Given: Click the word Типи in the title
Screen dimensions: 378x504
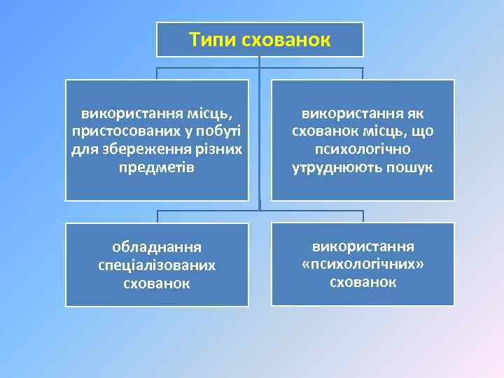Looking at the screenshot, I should tap(213, 40).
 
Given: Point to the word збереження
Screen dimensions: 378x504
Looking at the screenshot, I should tap(140, 149).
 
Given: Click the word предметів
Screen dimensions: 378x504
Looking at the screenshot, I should tap(157, 168).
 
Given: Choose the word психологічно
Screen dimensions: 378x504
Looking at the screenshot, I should tap(363, 149).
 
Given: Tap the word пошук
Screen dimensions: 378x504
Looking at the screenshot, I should tap(409, 168).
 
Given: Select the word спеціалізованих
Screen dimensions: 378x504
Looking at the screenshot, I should tap(157, 265).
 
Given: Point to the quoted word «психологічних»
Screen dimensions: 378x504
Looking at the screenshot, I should tap(363, 265).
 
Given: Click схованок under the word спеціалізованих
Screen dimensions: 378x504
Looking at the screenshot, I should tap(157, 283).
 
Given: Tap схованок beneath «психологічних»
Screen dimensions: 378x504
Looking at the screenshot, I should tap(363, 283).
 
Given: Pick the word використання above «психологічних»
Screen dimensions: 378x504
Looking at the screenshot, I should tap(363, 246).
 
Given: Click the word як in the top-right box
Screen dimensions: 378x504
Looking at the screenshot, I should tap(424, 113).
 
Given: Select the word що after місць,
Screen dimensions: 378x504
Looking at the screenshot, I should tap(423, 131).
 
